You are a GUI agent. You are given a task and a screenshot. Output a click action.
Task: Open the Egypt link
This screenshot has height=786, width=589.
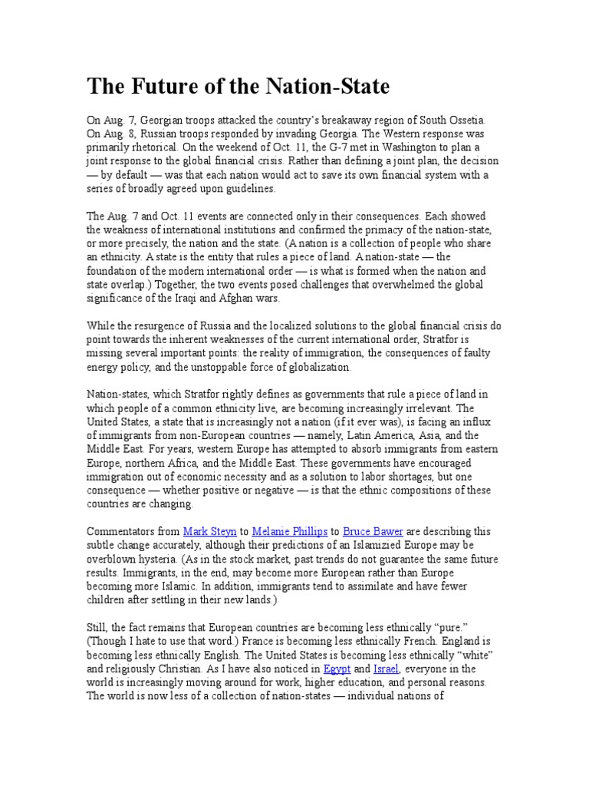tap(337, 669)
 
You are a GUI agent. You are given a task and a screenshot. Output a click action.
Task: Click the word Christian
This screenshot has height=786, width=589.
tap(192, 669)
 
